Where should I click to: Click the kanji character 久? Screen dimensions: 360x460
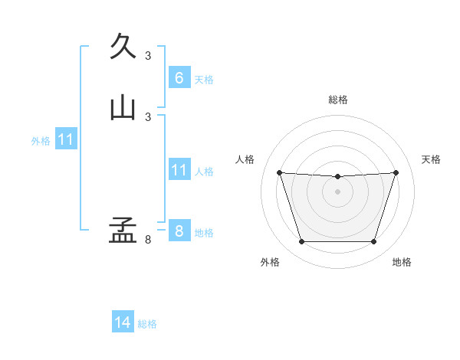point(123,46)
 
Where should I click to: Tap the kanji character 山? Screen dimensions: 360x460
point(123,107)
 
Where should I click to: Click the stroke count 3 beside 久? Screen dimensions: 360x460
point(148,55)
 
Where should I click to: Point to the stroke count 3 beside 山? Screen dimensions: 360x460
point(148,116)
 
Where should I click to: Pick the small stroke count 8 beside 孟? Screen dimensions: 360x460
point(148,240)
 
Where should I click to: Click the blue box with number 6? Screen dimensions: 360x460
point(179,78)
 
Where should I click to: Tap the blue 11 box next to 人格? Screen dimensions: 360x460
point(179,170)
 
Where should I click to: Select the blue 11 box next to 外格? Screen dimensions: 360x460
point(66,140)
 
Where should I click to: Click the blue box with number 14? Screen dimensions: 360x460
point(123,323)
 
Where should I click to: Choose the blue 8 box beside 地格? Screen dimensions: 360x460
point(179,231)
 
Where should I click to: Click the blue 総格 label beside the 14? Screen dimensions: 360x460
point(147,324)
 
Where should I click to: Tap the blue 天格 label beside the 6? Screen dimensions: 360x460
point(204,79)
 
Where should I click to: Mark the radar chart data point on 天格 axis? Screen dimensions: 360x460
point(396,172)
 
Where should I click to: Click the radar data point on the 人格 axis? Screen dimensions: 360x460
point(279,172)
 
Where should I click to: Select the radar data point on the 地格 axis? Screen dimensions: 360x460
point(373,242)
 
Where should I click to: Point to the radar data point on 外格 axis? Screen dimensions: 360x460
point(301,242)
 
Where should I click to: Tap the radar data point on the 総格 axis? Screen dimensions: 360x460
point(337,177)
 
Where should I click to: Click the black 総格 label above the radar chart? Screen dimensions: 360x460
point(337,100)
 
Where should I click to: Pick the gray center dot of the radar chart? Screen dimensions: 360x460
point(337,191)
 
